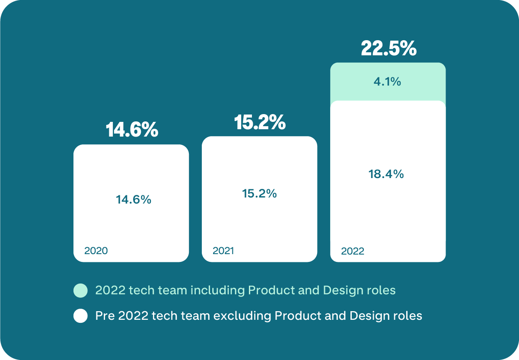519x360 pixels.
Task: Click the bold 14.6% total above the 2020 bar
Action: [132, 130]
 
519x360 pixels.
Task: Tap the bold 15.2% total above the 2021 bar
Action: [260, 122]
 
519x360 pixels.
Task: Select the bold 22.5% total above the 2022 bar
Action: [388, 49]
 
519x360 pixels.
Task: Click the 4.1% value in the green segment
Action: [387, 81]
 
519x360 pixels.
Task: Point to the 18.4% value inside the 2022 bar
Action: [386, 174]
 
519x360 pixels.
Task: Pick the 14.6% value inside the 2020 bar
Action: [134, 200]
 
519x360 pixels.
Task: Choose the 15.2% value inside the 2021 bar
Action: [259, 194]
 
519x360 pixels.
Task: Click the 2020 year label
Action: [96, 251]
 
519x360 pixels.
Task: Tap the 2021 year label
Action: [223, 251]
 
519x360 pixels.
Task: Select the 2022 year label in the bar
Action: [353, 251]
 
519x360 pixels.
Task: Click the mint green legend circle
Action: [80, 291]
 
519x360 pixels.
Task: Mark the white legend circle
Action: [80, 316]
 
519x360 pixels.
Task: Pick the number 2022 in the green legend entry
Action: [110, 290]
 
